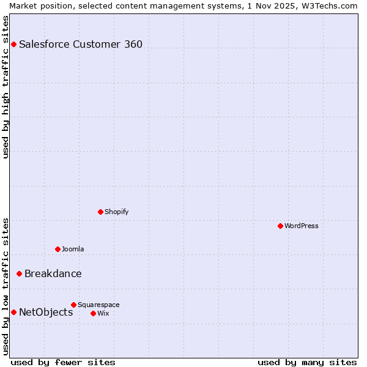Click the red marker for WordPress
pyautogui.click(x=280, y=226)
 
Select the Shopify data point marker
pyautogui.click(x=100, y=212)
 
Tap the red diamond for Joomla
pyautogui.click(x=57, y=249)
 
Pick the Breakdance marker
pyautogui.click(x=19, y=273)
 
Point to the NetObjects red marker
pyautogui.click(x=13, y=312)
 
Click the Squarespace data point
pyautogui.click(x=73, y=305)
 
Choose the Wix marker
pyautogui.click(x=93, y=313)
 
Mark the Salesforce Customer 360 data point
pyautogui.click(x=13, y=44)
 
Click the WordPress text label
pyautogui.click(x=302, y=226)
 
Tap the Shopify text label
pyautogui.click(x=116, y=212)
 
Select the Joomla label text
pyautogui.click(x=73, y=249)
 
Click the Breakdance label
pyautogui.click(x=53, y=273)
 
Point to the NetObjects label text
pyautogui.click(x=46, y=312)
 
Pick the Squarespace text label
pyautogui.click(x=98, y=305)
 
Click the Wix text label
pyautogui.click(x=103, y=313)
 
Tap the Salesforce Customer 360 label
pyautogui.click(x=81, y=44)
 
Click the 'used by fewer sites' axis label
pyautogui.click(x=63, y=362)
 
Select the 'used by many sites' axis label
pyautogui.click(x=307, y=362)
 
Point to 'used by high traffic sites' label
pyautogui.click(x=6, y=86)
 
